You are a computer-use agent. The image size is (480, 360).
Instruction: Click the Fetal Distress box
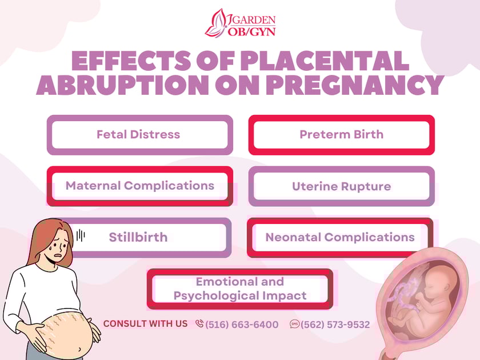coord(139,135)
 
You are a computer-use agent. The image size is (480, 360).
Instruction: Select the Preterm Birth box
coord(341,135)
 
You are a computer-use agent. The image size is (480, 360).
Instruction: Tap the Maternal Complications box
coord(139,186)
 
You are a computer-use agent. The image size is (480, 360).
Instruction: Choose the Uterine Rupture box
coord(341,186)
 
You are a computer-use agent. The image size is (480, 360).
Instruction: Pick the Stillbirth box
coord(139,237)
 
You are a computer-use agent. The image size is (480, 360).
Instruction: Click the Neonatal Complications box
coord(340,237)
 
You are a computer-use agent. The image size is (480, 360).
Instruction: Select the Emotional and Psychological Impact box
coord(240,289)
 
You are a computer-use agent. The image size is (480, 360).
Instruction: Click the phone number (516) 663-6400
coord(242,325)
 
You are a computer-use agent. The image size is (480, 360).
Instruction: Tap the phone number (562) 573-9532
coord(335,325)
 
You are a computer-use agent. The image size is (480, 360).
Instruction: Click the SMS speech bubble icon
coord(294,324)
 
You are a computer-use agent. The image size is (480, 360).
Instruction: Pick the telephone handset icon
coord(199,324)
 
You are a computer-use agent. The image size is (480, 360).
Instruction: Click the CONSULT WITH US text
coord(145,323)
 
